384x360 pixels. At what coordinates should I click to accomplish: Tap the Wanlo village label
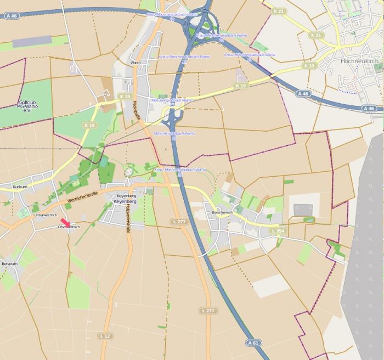[x=135, y=63]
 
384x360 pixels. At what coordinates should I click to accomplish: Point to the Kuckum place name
[x=20, y=187]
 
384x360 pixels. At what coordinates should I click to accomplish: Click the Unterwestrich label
[x=46, y=215]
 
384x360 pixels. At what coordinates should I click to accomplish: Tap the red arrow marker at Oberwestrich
[x=65, y=221]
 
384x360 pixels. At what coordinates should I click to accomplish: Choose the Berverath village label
[x=10, y=264]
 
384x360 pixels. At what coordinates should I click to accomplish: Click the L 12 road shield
[x=106, y=335]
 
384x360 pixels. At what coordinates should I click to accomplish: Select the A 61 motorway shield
[x=253, y=343]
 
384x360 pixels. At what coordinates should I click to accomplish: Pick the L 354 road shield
[x=277, y=231]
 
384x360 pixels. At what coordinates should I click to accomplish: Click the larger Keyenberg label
[x=124, y=202]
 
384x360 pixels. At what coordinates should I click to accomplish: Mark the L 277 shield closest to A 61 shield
[x=208, y=311]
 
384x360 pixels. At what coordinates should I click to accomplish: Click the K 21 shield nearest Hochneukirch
[x=315, y=35]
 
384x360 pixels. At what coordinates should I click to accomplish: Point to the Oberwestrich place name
[x=69, y=227]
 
